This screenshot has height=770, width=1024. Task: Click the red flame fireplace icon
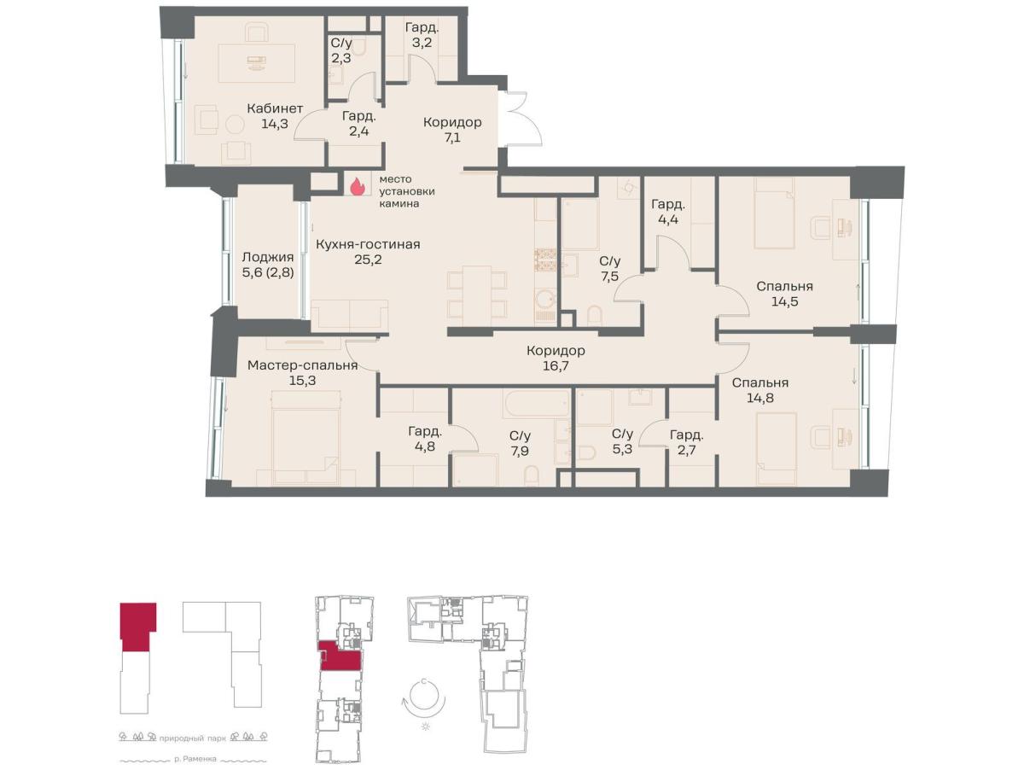point(357,187)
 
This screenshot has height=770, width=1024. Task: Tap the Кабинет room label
point(275,108)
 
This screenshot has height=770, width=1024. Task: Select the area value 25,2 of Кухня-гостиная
point(368,260)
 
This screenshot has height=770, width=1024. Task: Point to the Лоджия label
point(268,257)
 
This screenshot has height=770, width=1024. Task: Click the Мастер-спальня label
point(302,365)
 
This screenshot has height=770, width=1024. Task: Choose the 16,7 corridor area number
point(556,365)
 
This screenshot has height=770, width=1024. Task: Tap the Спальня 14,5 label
point(784,294)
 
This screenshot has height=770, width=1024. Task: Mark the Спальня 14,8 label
point(760,390)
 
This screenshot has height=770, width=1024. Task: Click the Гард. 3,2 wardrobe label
point(422,35)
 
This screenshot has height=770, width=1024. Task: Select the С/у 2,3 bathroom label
point(341,51)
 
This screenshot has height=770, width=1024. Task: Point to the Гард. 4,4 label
point(668,212)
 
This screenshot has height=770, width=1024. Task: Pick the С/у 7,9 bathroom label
point(520,443)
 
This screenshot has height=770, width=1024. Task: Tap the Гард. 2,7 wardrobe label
point(687,443)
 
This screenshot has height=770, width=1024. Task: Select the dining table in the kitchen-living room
point(477,296)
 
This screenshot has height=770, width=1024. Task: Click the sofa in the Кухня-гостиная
point(349,316)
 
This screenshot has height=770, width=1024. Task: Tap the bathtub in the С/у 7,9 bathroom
point(536,404)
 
